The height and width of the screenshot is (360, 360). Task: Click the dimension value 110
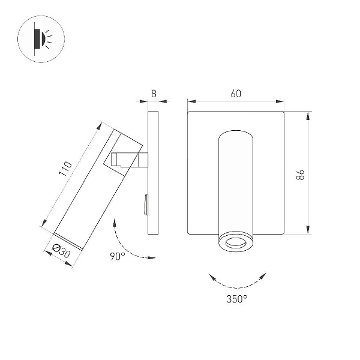coord(65,169)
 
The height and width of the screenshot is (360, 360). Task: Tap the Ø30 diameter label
coord(61,251)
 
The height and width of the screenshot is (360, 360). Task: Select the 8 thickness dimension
coord(154,94)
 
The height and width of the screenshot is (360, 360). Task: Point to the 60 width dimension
coord(236,94)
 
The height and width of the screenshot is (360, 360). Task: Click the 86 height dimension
coord(301,175)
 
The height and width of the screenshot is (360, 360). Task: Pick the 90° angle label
coord(118,256)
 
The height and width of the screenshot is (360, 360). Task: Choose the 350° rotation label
coord(237,299)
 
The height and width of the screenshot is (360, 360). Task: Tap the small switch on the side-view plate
coord(146,205)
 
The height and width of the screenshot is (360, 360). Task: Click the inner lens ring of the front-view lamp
coord(236,242)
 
